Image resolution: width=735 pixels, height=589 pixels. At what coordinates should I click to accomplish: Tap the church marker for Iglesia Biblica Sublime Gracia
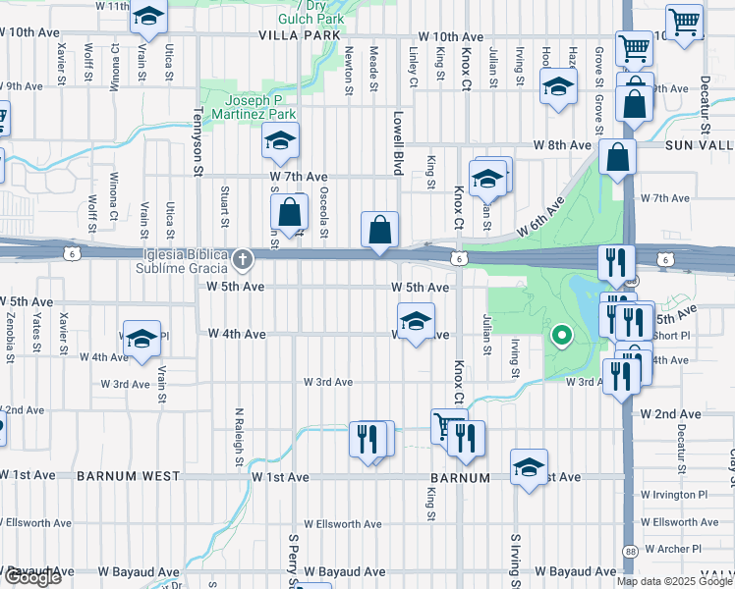243,260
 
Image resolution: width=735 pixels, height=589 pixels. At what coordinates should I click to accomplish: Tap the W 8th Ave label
561,145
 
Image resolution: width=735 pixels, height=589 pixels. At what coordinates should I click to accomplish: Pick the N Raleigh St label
239,436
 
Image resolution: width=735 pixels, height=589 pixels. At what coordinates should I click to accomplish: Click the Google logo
32,578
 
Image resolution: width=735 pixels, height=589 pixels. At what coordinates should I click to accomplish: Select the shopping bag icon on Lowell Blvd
379,231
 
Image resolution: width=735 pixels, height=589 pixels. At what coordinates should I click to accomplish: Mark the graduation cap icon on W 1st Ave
529,466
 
